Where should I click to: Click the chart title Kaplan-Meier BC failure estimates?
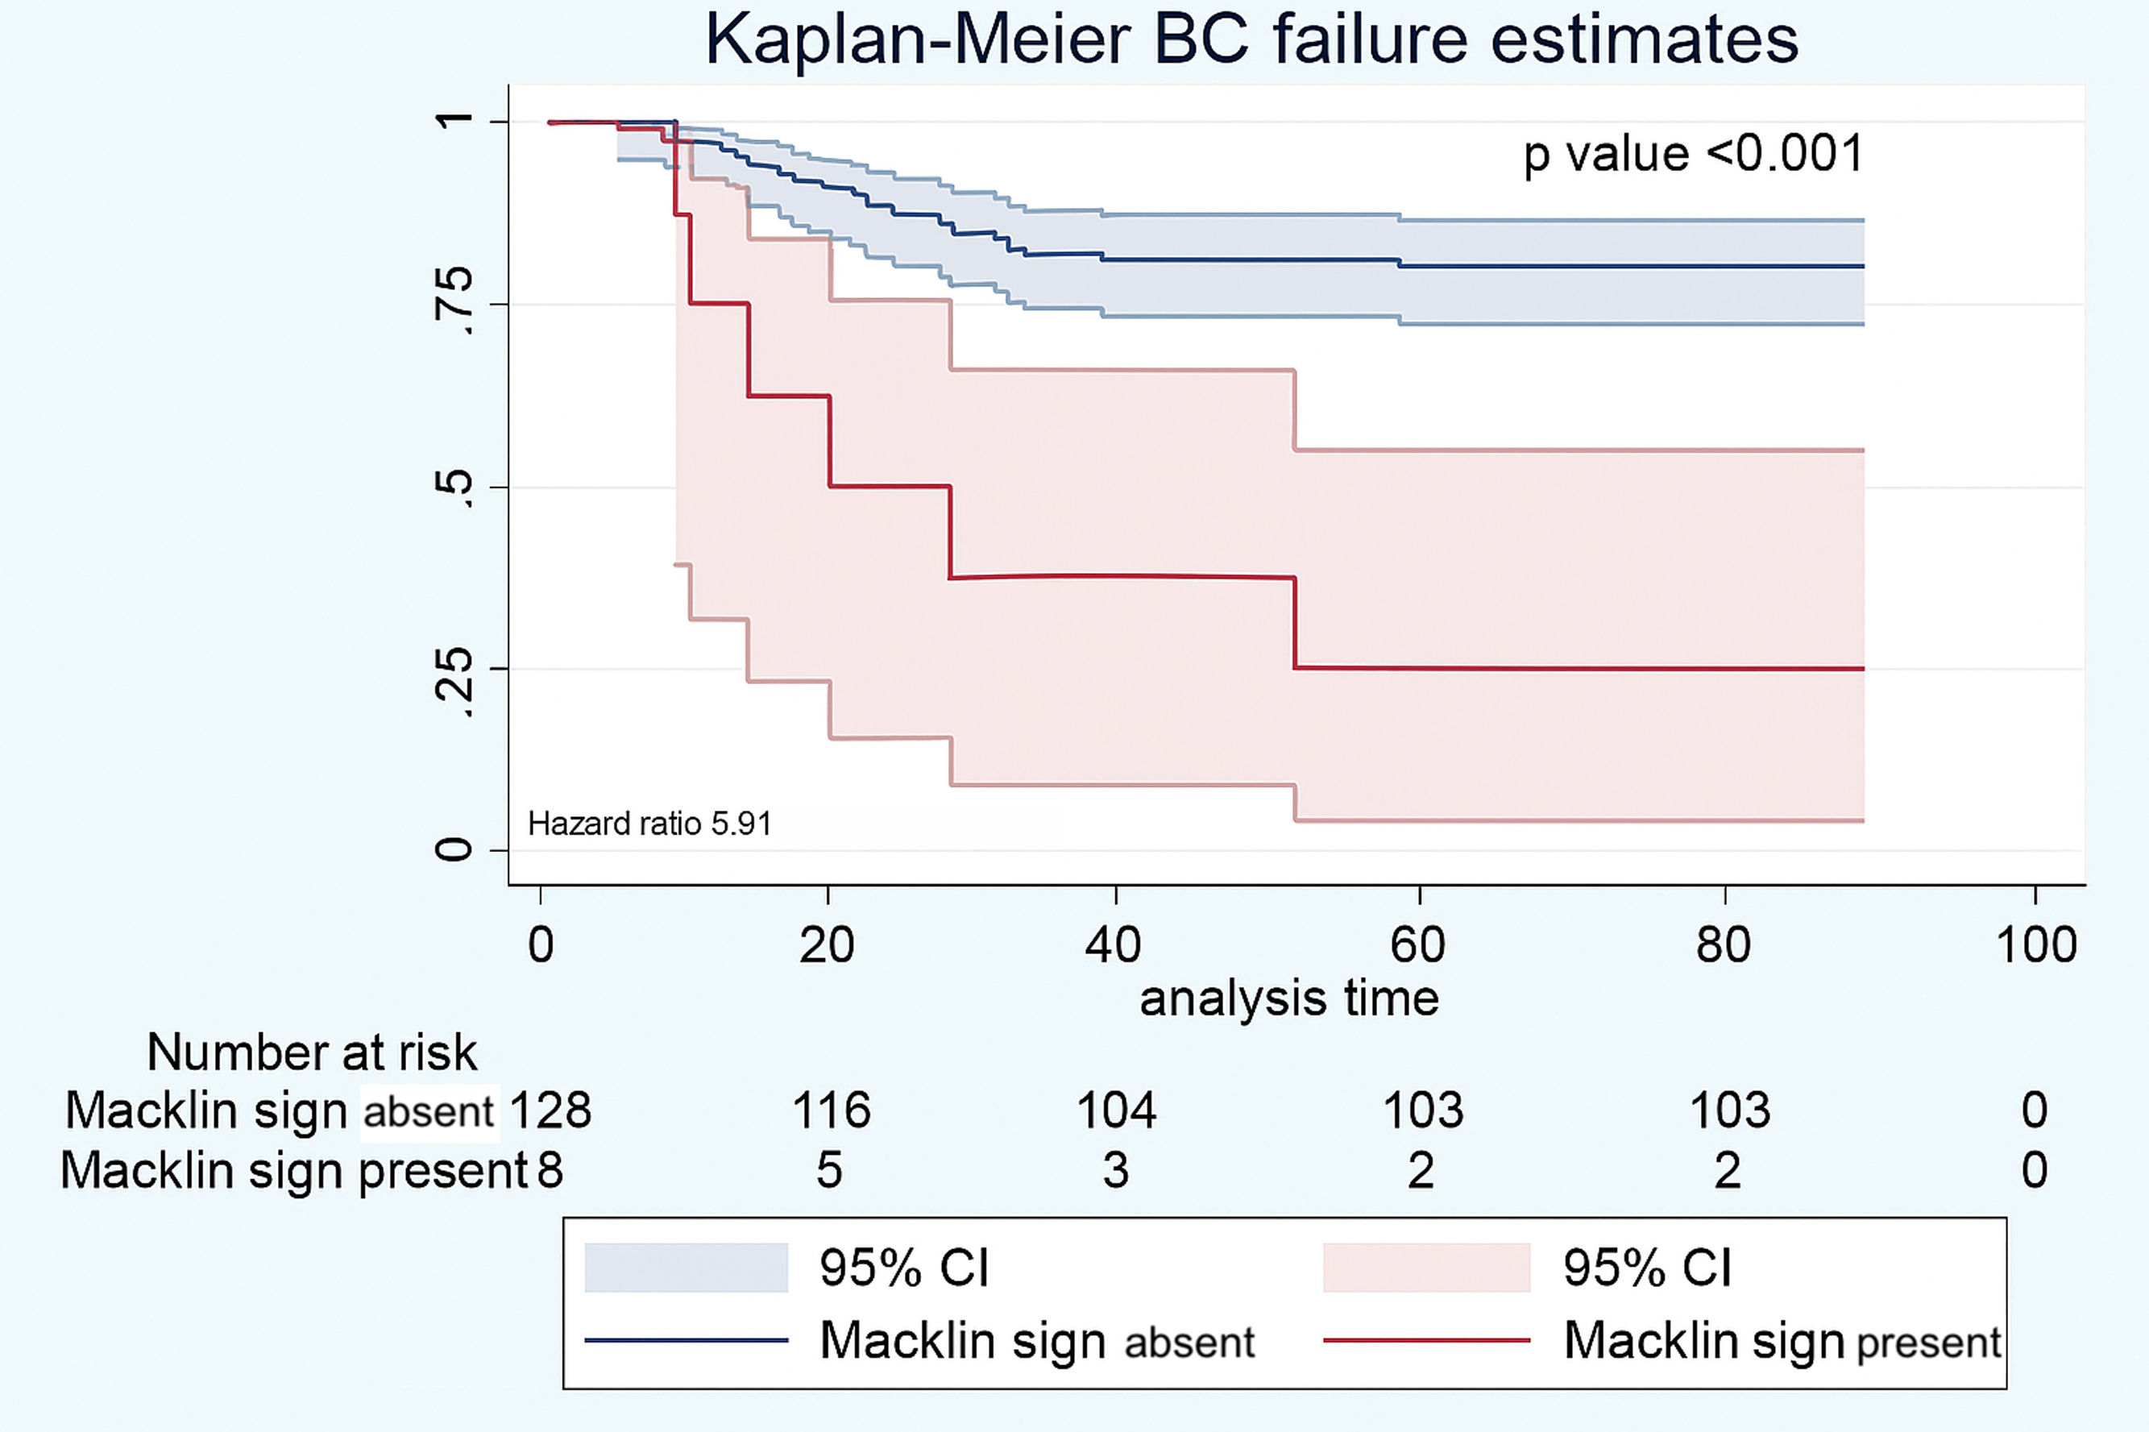point(1251,40)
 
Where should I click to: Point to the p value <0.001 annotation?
point(1694,153)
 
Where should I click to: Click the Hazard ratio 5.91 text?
point(649,824)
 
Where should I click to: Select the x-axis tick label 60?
point(1417,945)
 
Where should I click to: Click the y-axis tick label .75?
point(454,303)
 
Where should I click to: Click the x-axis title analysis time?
point(1289,998)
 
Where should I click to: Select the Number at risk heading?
point(311,1052)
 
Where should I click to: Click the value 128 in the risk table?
point(550,1110)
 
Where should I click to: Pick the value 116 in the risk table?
point(831,1110)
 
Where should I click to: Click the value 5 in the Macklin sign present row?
point(829,1170)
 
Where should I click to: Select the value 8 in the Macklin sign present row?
point(550,1170)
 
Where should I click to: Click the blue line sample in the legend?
point(686,1341)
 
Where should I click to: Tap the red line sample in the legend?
point(1426,1341)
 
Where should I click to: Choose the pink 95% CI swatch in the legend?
point(1426,1268)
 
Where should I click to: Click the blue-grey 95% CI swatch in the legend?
point(686,1268)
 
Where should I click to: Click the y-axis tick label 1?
point(454,121)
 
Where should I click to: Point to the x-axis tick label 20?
point(826,945)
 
